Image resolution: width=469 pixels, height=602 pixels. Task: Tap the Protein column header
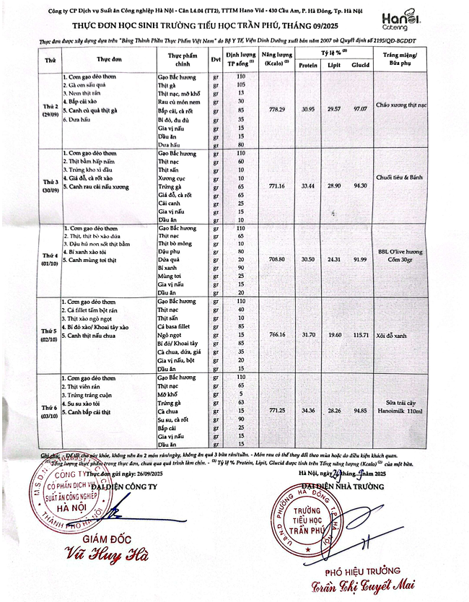tap(308, 65)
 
